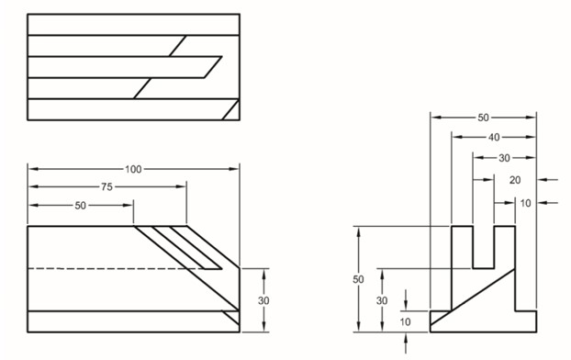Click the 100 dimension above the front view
pyautogui.click(x=134, y=170)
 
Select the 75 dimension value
pyautogui.click(x=107, y=187)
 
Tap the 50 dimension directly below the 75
pyautogui.click(x=81, y=206)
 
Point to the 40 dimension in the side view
pyautogui.click(x=494, y=138)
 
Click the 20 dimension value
pyautogui.click(x=515, y=180)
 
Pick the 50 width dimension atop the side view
pyautogui.click(x=483, y=118)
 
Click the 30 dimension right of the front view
pyautogui.click(x=264, y=300)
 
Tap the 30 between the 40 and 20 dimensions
pyautogui.click(x=504, y=158)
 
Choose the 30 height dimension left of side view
pyautogui.click(x=382, y=300)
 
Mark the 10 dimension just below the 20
pyautogui.click(x=525, y=202)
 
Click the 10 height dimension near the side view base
pyautogui.click(x=405, y=321)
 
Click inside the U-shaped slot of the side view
pyautogui.click(x=483, y=246)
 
